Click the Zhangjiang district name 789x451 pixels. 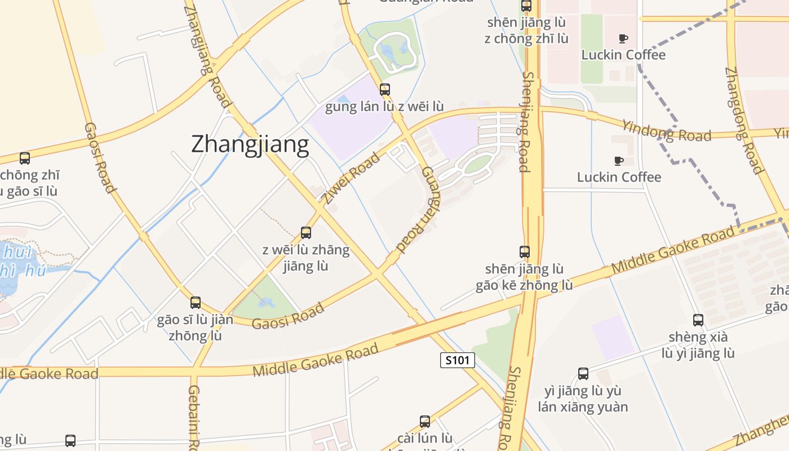250,144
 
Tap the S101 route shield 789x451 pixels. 457,360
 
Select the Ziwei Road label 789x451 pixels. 351,178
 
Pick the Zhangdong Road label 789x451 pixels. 743,121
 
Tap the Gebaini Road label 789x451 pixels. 193,417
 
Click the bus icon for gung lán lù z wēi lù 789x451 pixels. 385,89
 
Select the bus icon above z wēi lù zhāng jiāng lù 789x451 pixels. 306,232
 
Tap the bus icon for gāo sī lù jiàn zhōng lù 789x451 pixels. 196,303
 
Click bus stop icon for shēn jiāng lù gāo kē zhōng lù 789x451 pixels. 525,251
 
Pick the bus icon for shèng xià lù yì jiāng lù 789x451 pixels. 698,320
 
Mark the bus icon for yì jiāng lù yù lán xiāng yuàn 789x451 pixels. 583,373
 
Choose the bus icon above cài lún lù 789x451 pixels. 425,421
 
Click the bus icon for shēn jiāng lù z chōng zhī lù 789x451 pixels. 526,6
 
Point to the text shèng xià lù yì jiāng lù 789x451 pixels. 698,345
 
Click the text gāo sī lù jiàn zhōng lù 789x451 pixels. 195,328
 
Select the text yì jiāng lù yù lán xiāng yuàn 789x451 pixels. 583,399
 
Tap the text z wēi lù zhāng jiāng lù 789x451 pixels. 306,258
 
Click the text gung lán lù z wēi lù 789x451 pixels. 384,107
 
